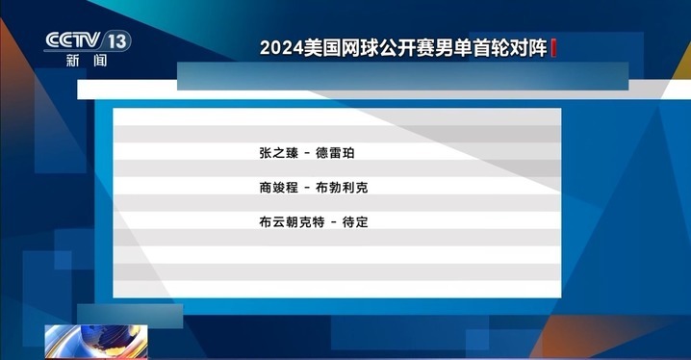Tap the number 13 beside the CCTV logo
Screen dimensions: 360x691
[x=117, y=40]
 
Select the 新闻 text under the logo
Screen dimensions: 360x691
[x=87, y=60]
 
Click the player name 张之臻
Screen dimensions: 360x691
[x=279, y=153]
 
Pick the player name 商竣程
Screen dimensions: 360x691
[x=279, y=187]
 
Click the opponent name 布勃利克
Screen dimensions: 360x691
[x=343, y=187]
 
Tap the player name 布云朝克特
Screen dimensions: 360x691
[x=293, y=221]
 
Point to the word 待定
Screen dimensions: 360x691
[x=356, y=221]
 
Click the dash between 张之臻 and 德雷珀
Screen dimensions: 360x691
[x=308, y=153]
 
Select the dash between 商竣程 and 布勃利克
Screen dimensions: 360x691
[x=308, y=187]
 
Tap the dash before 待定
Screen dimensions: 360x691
[x=334, y=221]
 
